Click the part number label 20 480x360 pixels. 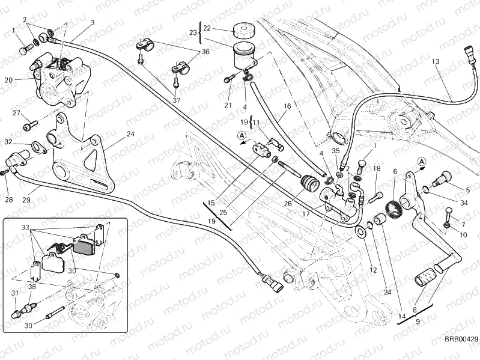[x=8, y=79]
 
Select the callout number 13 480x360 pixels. [x=436, y=62]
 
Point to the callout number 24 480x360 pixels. [x=130, y=134]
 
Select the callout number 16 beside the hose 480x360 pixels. [x=287, y=106]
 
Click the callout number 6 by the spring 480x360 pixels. [x=395, y=171]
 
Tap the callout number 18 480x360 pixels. [x=377, y=169]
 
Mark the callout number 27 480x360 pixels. [x=16, y=114]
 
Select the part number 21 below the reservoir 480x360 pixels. [x=228, y=106]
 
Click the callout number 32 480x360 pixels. [x=8, y=142]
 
